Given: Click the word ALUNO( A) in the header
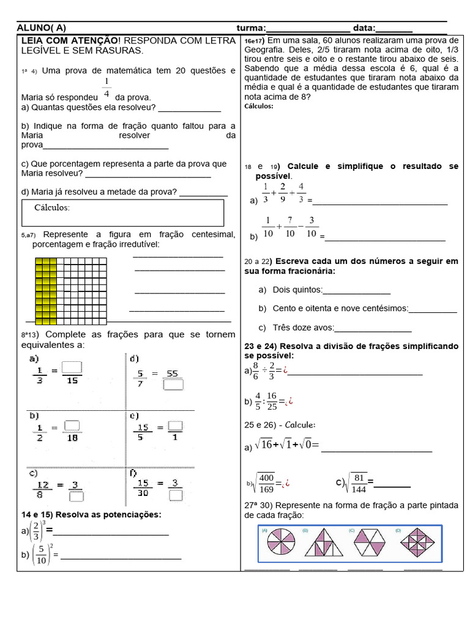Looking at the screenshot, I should click(42, 28).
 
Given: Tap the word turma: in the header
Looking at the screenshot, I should click(251, 28).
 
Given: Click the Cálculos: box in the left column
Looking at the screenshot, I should click(122, 212).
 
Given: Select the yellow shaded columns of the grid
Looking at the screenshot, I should click(46, 291).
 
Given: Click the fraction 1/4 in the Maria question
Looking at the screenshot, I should click(106, 88).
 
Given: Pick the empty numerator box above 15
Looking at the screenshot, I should click(72, 367).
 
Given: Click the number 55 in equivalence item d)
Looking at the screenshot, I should click(172, 373).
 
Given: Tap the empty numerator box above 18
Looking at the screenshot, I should click(72, 424).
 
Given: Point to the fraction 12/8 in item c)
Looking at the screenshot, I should click(42, 490).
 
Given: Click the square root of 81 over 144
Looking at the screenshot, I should click(356, 482).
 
